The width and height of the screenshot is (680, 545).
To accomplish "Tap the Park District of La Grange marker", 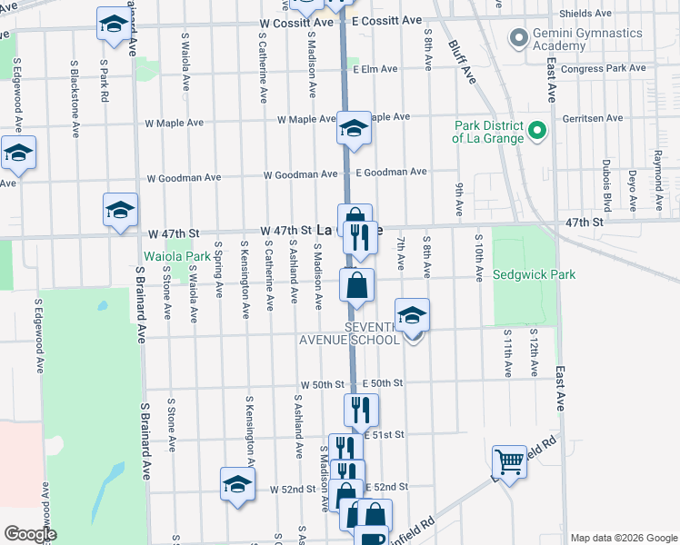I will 537,132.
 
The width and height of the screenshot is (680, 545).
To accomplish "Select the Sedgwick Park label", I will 534,275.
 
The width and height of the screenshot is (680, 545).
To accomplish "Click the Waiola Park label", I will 176,256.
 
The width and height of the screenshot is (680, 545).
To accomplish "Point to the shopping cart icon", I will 509,461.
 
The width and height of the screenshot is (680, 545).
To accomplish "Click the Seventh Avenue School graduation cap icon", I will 412,314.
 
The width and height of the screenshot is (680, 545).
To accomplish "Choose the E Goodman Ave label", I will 391,172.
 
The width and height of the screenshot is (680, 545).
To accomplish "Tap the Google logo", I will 30,534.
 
